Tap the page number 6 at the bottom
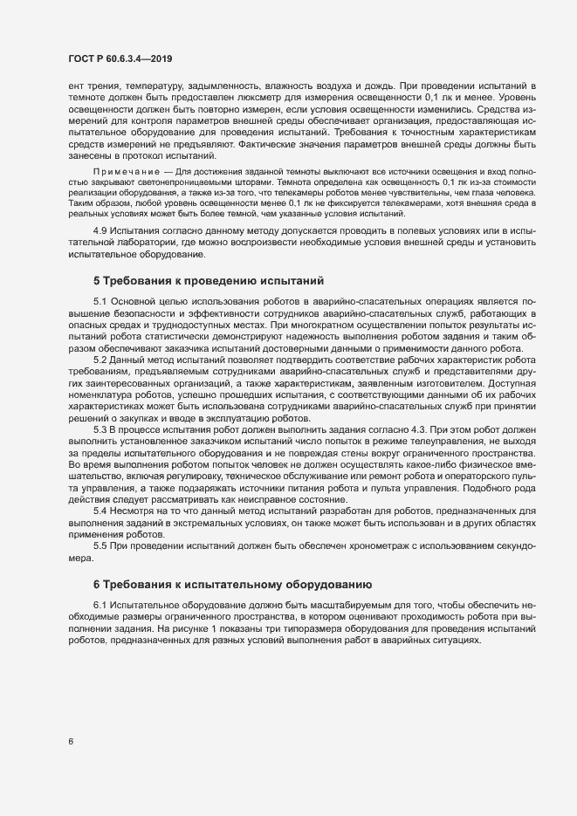click(x=71, y=743)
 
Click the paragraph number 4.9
click(x=101, y=227)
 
